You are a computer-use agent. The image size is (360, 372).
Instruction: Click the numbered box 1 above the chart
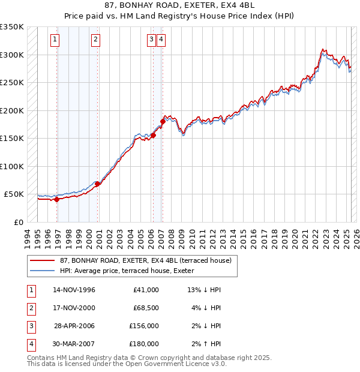(55, 40)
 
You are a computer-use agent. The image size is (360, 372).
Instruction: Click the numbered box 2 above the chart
(95, 40)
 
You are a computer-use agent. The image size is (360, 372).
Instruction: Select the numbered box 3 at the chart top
(152, 40)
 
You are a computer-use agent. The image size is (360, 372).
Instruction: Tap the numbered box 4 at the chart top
(161, 40)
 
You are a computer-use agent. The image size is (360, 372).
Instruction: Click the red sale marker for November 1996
(56, 200)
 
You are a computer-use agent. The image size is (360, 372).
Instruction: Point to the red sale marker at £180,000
(163, 122)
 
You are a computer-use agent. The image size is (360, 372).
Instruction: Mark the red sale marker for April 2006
(153, 136)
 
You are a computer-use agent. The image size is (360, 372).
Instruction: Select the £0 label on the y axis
(18, 222)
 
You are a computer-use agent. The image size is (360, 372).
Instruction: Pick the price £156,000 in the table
(144, 326)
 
